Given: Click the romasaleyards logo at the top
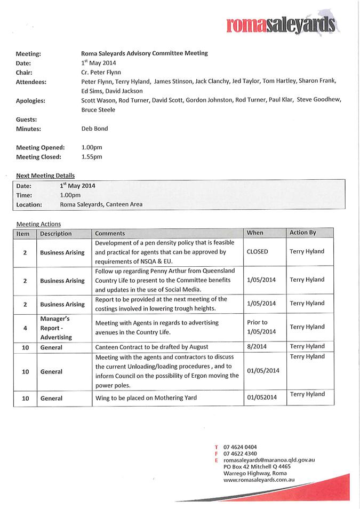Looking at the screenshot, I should pyautogui.click(x=281, y=25).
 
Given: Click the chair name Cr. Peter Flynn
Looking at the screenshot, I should pyautogui.click(x=101, y=72).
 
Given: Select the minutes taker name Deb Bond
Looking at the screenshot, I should pyautogui.click(x=94, y=129).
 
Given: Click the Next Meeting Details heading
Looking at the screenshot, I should pyautogui.click(x=45, y=176).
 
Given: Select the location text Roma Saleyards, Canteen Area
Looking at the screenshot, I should pyautogui.click(x=101, y=204).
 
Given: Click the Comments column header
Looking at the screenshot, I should pyautogui.click(x=110, y=233).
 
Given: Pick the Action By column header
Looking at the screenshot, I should pyautogui.click(x=302, y=233).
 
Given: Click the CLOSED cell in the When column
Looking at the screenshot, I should pyautogui.click(x=258, y=251).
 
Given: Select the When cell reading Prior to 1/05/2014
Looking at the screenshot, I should pyautogui.click(x=261, y=327).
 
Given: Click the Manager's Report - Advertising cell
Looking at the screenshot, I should pyautogui.click(x=55, y=328).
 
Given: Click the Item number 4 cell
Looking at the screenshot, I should pyautogui.click(x=25, y=328).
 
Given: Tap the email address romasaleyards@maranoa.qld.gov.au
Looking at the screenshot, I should pyautogui.click(x=269, y=460).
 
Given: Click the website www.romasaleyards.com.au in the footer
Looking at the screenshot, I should pyautogui.click(x=259, y=480).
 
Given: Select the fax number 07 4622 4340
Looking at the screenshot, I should pyautogui.click(x=240, y=454).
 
